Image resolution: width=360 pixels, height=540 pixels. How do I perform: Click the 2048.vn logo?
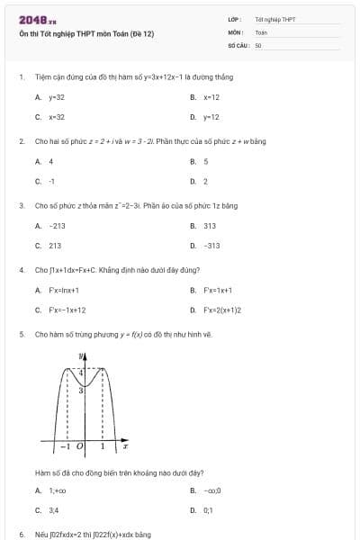click(x=37, y=19)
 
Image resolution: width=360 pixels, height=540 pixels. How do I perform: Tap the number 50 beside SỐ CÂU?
click(x=258, y=44)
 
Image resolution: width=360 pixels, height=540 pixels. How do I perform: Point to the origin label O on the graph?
click(x=79, y=445)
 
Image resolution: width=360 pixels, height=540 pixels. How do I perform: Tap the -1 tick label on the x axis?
click(x=65, y=445)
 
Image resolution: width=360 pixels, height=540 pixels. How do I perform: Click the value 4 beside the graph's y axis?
click(x=80, y=372)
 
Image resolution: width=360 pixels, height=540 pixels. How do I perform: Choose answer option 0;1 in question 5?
click(x=209, y=510)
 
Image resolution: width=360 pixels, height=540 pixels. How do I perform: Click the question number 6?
click(x=21, y=534)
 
